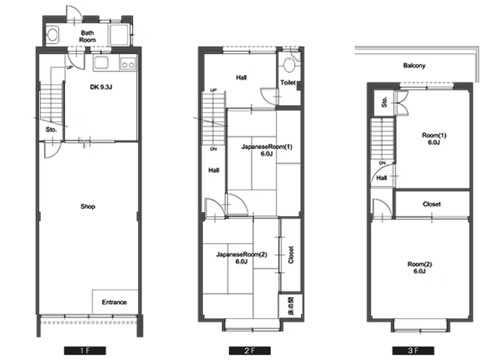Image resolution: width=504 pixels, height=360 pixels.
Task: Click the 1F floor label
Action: click(85, 350)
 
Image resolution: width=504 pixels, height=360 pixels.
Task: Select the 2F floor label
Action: click(249, 350)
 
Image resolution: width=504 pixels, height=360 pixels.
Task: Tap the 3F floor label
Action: click(413, 350)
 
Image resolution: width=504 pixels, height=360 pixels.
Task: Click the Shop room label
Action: click(87, 207)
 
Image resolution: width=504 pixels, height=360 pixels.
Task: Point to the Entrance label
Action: click(114, 302)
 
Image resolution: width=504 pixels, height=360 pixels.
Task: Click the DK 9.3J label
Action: click(101, 87)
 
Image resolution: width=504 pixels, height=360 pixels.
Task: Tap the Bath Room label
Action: click(87, 36)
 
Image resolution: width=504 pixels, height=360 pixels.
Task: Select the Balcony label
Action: click(414, 66)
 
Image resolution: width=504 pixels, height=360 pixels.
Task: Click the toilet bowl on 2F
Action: click(289, 65)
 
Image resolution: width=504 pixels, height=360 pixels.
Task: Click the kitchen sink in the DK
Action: click(101, 63)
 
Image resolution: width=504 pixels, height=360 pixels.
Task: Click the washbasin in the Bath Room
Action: click(52, 34)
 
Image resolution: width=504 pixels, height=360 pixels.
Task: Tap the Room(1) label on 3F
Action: click(434, 139)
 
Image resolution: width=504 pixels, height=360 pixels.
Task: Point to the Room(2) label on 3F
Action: click(420, 268)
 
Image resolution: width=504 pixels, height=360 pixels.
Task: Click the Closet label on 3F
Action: click(432, 205)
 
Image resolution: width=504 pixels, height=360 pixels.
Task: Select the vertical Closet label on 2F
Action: click(291, 255)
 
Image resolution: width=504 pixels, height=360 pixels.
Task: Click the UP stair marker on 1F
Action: click(69, 67)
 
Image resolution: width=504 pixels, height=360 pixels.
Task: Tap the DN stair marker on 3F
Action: click(382, 163)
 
